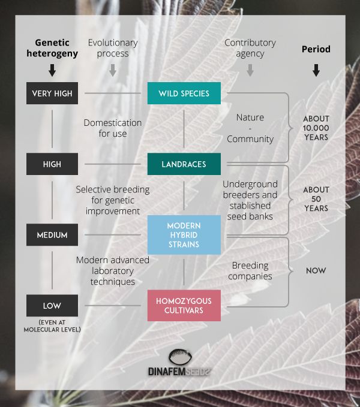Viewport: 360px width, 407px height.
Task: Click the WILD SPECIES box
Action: [x=184, y=94]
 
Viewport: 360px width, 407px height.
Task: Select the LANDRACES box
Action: [x=184, y=164]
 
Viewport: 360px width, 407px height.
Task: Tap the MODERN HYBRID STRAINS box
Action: [x=184, y=234]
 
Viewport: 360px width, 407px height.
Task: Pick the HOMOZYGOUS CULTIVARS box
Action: [x=184, y=305]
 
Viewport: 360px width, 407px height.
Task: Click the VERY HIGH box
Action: [x=52, y=94]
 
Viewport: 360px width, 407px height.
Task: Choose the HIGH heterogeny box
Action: [x=52, y=164]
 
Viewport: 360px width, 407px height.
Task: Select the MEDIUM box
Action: [x=52, y=235]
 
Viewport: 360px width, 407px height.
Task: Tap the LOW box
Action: [x=52, y=306]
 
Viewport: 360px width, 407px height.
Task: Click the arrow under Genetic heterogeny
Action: [x=52, y=70]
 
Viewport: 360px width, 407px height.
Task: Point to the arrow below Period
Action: [x=316, y=70]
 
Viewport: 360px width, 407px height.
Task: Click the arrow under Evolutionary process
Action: [x=113, y=70]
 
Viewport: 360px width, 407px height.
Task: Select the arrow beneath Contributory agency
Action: [x=250, y=70]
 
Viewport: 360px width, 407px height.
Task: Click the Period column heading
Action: [x=316, y=49]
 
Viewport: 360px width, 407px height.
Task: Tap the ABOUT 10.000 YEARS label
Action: [x=316, y=127]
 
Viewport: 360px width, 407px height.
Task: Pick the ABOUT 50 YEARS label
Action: [x=316, y=199]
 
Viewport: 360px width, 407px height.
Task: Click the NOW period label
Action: [x=316, y=270]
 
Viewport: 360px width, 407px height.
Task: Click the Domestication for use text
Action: [x=113, y=128]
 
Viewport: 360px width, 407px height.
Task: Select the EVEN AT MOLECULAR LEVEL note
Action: [x=52, y=326]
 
